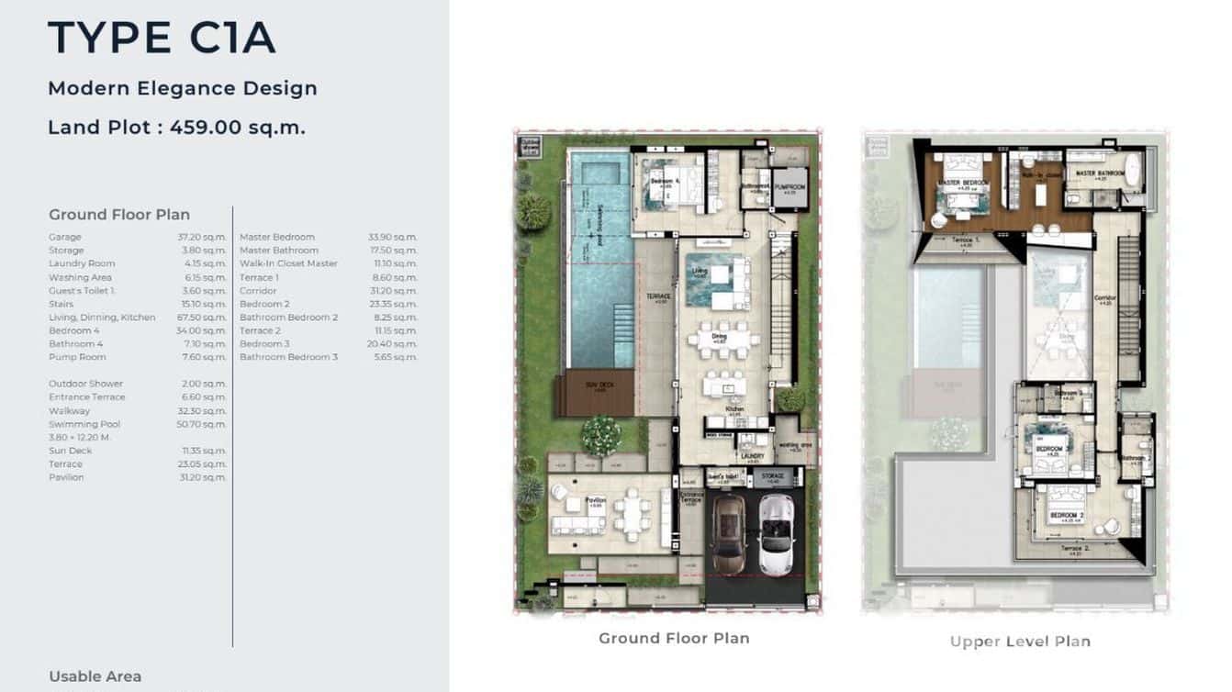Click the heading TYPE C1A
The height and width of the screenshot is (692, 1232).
point(162,39)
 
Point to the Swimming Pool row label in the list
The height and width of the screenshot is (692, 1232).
point(84,424)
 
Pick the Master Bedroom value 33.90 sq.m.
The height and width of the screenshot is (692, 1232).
point(392,237)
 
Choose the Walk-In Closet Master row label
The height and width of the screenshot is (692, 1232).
point(288,263)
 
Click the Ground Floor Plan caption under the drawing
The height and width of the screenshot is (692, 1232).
point(674,638)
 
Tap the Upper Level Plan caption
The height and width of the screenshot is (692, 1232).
point(1020,642)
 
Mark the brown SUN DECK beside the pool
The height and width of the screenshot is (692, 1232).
point(597,392)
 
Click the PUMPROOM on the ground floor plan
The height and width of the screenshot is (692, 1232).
point(790,188)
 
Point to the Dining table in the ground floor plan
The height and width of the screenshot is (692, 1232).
point(723,340)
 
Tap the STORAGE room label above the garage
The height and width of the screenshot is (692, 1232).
point(777,477)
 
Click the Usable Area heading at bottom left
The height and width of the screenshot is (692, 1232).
point(95,676)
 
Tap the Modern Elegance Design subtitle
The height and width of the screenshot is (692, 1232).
point(182,88)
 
